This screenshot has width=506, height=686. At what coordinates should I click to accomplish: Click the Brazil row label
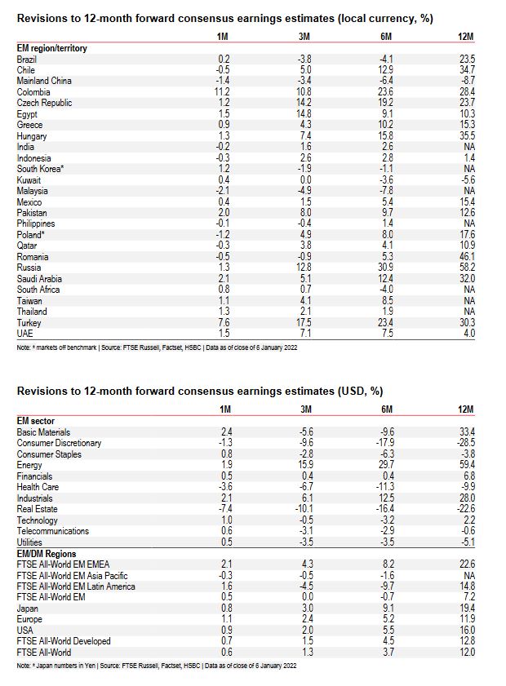[x=27, y=59]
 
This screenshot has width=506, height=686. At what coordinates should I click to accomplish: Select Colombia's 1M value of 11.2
[x=222, y=92]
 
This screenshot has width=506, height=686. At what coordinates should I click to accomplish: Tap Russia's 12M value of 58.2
[x=468, y=267]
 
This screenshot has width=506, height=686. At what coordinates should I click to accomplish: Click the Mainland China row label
[x=44, y=81]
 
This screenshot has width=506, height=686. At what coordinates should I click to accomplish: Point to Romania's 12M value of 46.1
[x=468, y=256]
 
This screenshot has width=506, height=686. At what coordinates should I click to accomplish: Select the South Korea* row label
[x=40, y=169]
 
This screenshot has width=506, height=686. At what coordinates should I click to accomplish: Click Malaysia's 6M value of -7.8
[x=387, y=190]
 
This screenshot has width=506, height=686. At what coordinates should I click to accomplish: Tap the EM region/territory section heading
[x=52, y=48]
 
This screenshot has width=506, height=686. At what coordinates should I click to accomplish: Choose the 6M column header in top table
[x=387, y=38]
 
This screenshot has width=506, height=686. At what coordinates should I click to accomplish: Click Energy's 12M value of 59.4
[x=468, y=465]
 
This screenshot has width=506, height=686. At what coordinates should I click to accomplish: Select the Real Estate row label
[x=37, y=509]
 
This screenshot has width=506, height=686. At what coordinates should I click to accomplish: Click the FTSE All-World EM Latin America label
[x=76, y=586]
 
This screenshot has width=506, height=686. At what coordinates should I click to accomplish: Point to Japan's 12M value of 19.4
[x=468, y=608]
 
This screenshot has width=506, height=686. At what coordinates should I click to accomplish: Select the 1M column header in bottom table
[x=224, y=410]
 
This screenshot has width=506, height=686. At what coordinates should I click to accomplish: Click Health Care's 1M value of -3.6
[x=222, y=487]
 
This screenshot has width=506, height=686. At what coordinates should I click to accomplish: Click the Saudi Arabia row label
[x=38, y=278]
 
